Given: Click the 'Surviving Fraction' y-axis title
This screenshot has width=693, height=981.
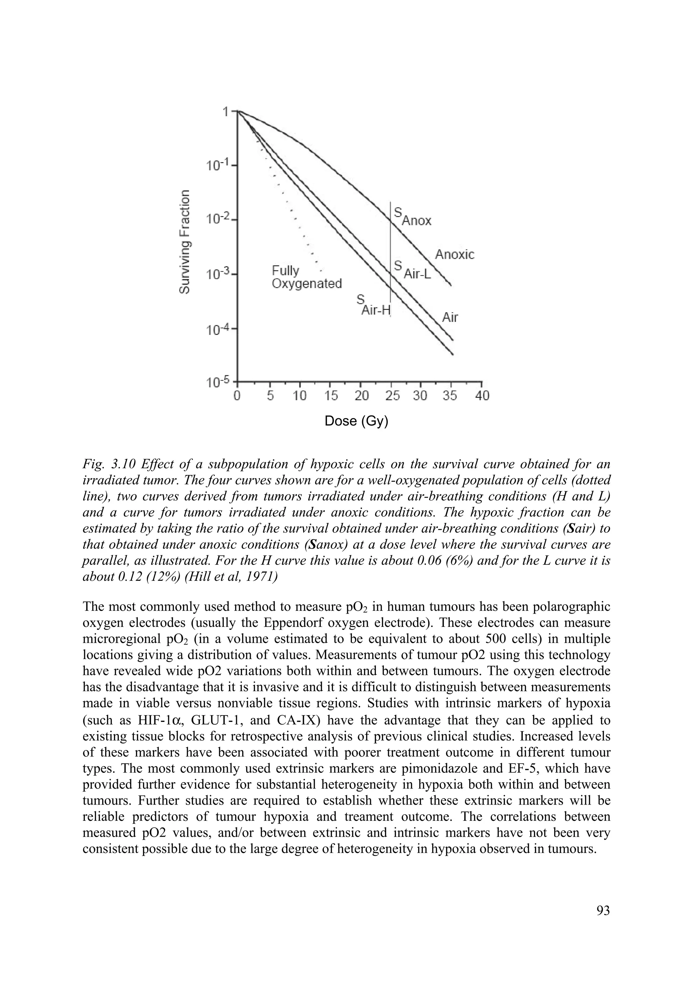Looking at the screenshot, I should click(184, 241).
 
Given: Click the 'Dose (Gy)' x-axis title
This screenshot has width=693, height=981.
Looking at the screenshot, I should click(357, 421).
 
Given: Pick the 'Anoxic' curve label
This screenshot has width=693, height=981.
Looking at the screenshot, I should click(454, 255).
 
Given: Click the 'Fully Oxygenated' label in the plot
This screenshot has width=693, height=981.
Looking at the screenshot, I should click(307, 277).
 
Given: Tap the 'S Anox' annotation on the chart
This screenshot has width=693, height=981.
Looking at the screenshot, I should click(412, 217).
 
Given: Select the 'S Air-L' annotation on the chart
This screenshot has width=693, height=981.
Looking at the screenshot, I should click(412, 270).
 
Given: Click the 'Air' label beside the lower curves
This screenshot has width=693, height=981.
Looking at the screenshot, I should click(450, 317).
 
